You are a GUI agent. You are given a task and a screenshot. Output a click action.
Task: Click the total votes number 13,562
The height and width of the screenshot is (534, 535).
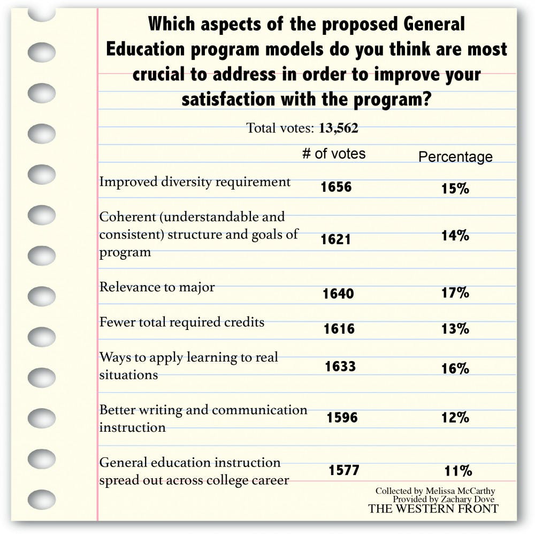coord(338,129)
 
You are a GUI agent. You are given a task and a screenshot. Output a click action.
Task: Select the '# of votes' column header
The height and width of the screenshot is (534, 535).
coord(334,154)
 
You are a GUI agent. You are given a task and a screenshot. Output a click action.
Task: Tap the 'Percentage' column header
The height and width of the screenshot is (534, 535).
coord(455,157)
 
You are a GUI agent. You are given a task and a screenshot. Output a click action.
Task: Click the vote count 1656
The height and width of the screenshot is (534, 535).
coord(337,187)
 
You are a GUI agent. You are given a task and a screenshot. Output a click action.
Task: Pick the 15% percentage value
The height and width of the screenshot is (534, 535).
coord(455,189)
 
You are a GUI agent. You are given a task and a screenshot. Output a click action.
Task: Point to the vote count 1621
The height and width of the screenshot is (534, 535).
coord(336,239)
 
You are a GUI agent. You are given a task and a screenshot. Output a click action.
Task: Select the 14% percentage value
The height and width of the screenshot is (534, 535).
coord(455,235)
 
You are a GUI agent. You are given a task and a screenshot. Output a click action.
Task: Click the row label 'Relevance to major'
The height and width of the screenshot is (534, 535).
coord(157,287)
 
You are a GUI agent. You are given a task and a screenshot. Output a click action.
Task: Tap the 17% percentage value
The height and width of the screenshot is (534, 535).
coord(456,293)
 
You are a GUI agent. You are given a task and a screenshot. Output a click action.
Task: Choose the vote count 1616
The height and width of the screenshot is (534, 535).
coord(339,328)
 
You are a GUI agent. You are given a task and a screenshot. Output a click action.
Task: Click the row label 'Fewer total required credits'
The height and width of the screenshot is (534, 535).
coord(182,322)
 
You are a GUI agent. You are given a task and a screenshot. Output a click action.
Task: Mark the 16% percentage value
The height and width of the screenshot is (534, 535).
coord(456,368)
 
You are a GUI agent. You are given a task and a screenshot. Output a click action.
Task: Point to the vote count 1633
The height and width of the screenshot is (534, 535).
coord(341,366)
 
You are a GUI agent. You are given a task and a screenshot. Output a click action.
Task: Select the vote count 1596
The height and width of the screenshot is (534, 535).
coord(342,417)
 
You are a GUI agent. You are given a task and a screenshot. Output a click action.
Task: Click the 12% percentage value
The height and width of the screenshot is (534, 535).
coord(456,417)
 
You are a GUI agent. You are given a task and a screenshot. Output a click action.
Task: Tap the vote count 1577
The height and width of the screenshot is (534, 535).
coord(344,470)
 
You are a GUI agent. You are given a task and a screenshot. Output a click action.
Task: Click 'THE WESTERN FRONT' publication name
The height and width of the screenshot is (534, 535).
coord(433,509)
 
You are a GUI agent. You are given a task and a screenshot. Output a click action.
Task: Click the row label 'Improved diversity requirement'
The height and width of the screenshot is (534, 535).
coord(195,182)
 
